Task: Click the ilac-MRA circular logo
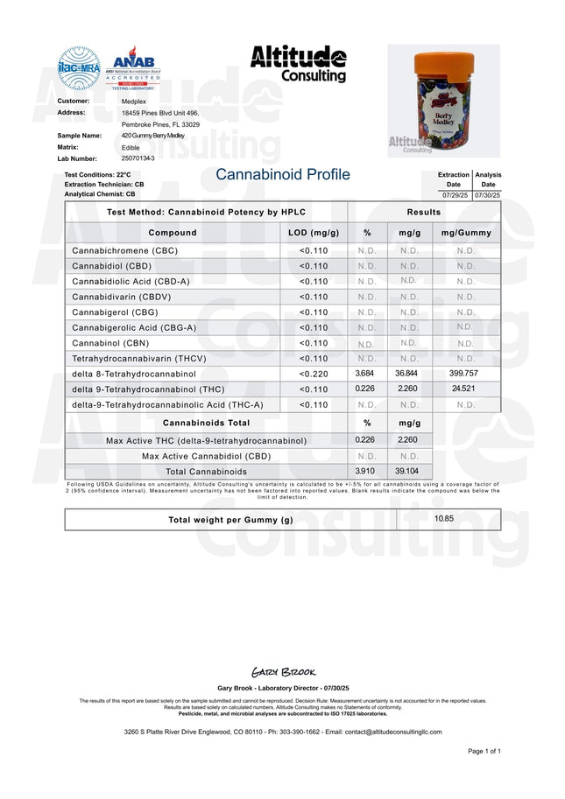79,68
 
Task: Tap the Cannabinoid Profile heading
282,175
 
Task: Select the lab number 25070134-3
138,158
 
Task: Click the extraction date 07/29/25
454,194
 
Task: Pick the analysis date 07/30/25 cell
487,194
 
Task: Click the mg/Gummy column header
466,233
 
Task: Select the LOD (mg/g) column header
314,233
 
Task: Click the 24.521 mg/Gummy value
465,389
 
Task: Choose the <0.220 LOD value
314,374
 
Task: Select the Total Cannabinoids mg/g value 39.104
407,471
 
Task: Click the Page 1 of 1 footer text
484,751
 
